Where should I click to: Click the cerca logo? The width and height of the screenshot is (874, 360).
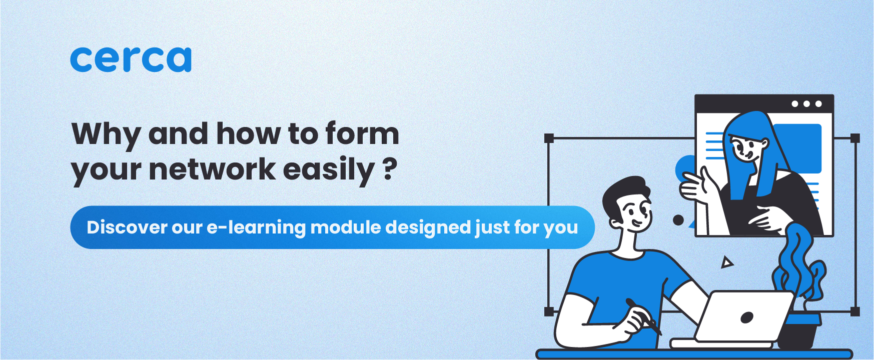click(131, 59)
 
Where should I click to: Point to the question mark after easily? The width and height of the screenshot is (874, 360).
click(390, 169)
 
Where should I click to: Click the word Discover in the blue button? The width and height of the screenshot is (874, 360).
click(127, 227)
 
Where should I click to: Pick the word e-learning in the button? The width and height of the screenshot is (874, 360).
click(256, 227)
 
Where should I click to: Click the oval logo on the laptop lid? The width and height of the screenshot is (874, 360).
click(747, 317)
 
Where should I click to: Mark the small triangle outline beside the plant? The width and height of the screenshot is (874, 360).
click(727, 262)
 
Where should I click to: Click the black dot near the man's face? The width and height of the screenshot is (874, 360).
click(678, 220)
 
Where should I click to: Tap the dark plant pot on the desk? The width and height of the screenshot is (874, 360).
click(799, 330)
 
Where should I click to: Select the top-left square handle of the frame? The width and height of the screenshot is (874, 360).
click(549, 138)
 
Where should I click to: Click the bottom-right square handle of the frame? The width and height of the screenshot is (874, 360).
click(855, 312)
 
